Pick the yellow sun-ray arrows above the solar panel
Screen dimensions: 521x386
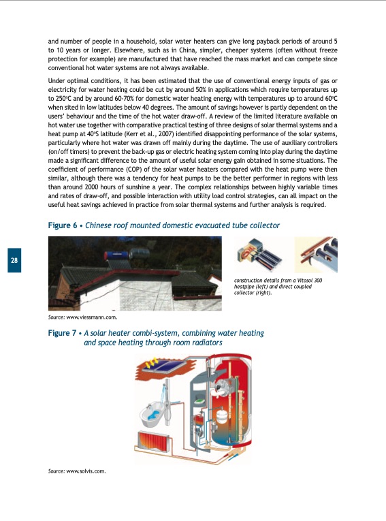pyautogui.click(x=146, y=364)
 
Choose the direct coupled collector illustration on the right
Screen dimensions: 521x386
pyautogui.click(x=316, y=257)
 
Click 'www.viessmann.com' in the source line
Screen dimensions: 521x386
pyautogui.click(x=93, y=317)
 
